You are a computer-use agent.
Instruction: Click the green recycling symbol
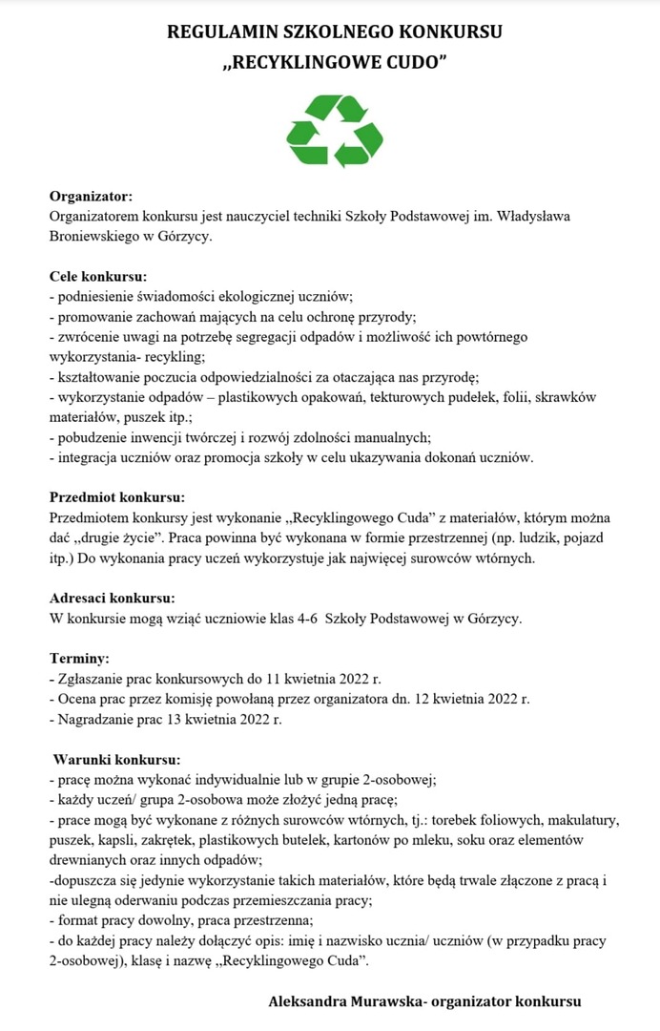click(335, 131)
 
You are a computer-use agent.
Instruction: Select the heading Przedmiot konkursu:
click(116, 497)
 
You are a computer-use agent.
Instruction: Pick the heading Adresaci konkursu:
click(112, 599)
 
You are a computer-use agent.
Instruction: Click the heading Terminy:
click(79, 659)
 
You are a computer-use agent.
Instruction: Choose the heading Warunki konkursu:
click(115, 760)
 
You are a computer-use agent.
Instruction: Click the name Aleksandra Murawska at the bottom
click(345, 1001)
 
